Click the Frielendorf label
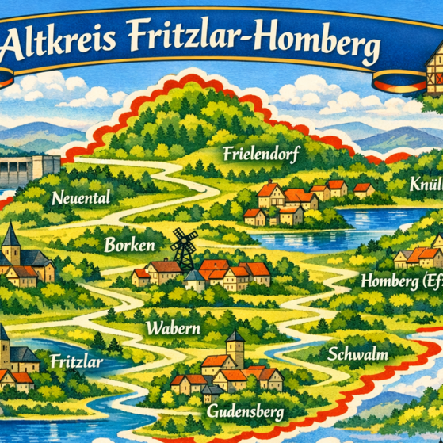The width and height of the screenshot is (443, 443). click(259, 154)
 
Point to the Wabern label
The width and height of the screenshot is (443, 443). click(170, 327)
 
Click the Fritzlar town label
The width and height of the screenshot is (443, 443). click(76, 361)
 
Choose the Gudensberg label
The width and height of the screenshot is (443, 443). click(244, 412)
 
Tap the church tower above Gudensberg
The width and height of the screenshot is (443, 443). click(234, 347)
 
